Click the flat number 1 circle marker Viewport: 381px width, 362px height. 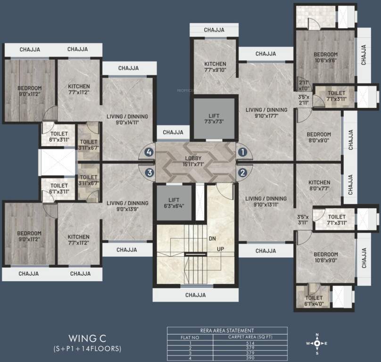242,152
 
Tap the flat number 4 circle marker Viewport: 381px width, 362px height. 149,152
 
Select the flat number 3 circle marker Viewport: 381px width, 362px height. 149,172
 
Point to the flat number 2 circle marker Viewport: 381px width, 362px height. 242,172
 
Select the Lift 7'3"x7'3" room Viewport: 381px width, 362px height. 213,118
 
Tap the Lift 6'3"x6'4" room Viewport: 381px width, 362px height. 174,202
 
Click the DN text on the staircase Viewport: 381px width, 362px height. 212,239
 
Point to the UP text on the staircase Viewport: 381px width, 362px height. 220,248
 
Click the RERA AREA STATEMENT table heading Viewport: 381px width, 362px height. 227,331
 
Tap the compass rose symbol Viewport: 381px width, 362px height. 317,344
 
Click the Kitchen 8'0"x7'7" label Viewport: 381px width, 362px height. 320,186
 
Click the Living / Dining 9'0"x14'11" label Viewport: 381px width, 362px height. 127,119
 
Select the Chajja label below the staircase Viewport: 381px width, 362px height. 195,295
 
